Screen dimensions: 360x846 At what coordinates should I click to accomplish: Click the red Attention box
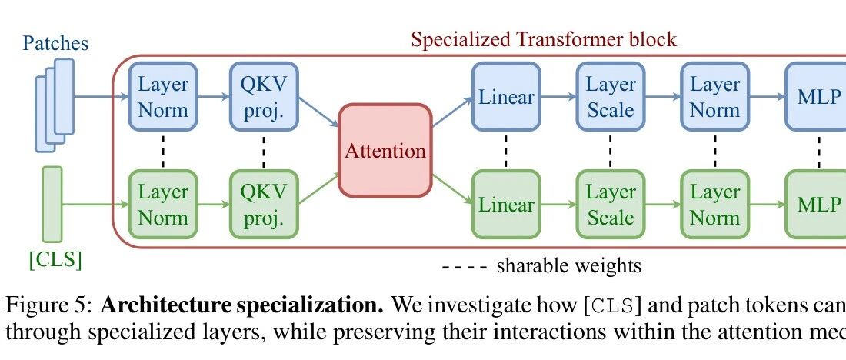[x=385, y=150]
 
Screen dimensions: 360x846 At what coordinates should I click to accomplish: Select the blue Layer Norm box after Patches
[x=163, y=97]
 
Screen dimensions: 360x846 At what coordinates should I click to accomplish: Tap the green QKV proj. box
[x=264, y=204]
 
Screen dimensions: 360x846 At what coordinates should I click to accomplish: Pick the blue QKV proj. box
[x=264, y=97]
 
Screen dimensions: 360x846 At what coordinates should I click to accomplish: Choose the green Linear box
[x=506, y=204]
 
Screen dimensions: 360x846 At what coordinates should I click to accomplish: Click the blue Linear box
[x=506, y=97]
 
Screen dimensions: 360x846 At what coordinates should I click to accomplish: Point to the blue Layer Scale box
[x=611, y=97]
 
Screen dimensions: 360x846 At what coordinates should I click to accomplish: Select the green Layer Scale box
[x=611, y=204]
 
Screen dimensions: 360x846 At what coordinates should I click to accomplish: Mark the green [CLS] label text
[x=55, y=261]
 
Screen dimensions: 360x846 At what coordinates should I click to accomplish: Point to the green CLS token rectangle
[x=52, y=203]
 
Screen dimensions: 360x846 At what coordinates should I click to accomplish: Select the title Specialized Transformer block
[x=544, y=39]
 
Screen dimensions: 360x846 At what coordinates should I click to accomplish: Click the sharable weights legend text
[x=568, y=266]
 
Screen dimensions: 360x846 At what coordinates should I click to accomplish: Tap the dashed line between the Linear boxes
[x=506, y=151]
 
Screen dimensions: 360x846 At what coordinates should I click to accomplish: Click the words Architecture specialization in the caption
[x=241, y=305]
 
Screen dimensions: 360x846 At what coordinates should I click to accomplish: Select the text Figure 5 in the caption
[x=48, y=305]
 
